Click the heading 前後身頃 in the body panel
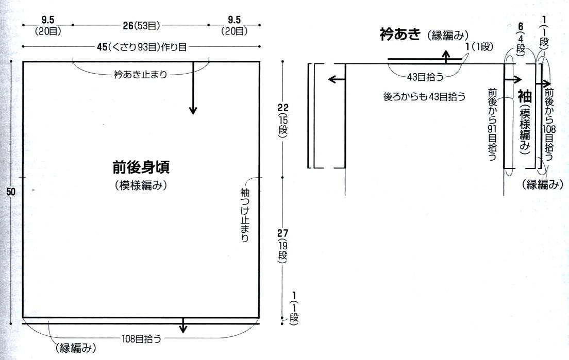coord(141,167)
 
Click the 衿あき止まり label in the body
coord(140,75)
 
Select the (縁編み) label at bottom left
coord(75,348)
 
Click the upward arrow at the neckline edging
coord(446,55)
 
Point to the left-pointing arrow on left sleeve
coord(336,79)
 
